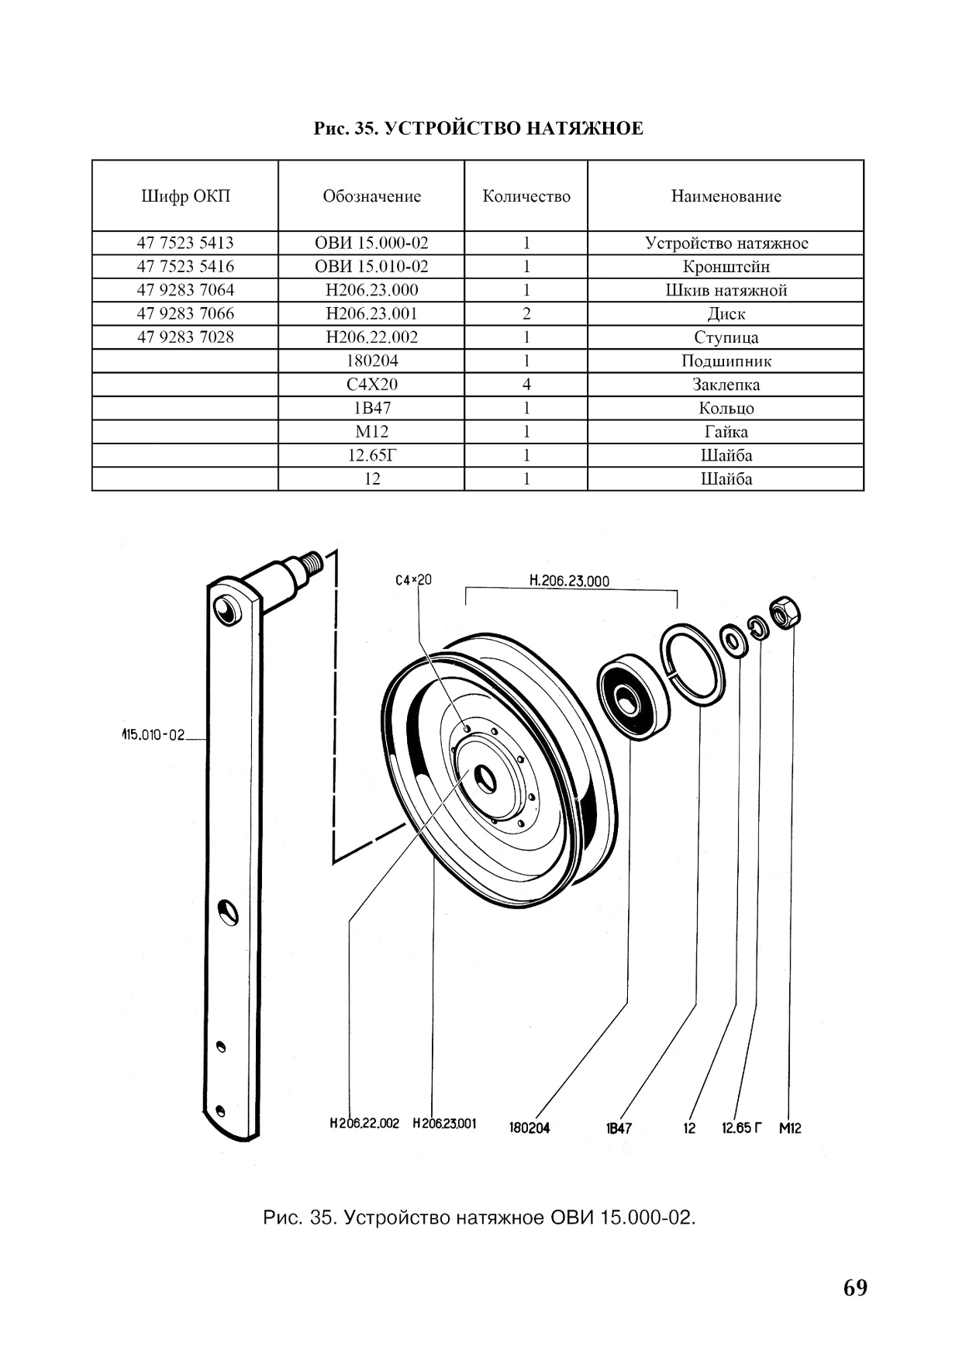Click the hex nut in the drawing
(784, 613)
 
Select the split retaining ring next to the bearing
(695, 664)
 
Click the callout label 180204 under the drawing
(530, 1128)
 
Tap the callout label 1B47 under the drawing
(619, 1128)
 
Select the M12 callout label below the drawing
(789, 1128)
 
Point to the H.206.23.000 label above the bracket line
(569, 580)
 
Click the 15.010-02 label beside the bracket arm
(154, 734)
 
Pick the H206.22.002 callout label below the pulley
(364, 1124)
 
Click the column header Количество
(526, 196)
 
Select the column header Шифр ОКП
(185, 196)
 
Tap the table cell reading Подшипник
(726, 361)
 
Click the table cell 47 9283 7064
(185, 290)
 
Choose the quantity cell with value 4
(526, 385)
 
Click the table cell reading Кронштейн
(726, 267)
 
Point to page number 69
(855, 1288)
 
